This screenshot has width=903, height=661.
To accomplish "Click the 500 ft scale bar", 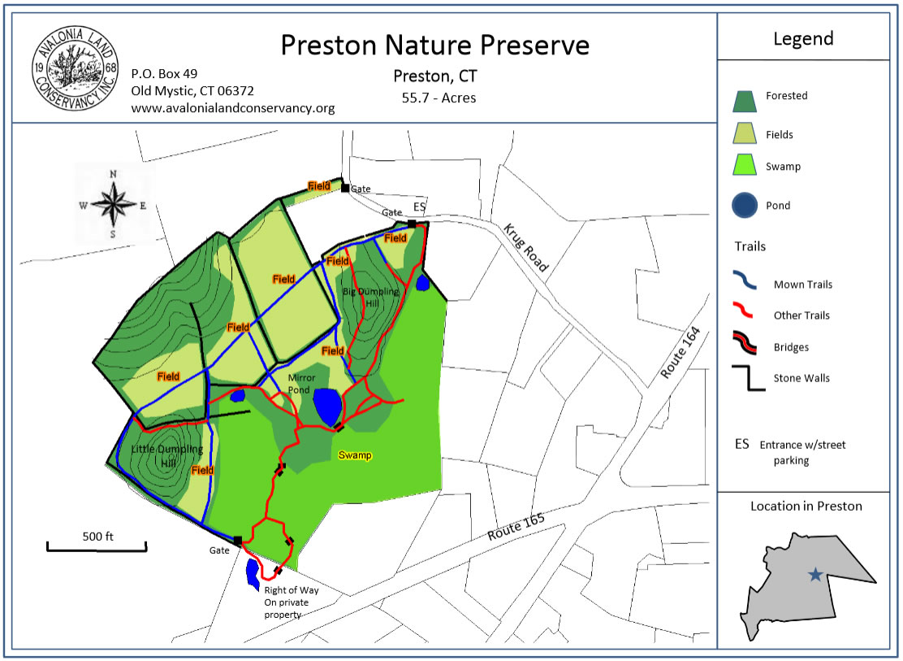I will click(x=97, y=545).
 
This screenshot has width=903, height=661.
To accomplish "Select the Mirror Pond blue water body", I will click(x=327, y=404).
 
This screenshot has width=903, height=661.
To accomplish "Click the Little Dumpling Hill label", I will click(x=167, y=456).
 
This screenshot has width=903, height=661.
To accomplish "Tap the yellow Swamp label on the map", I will click(x=355, y=455).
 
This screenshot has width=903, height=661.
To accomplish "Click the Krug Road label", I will click(x=525, y=246).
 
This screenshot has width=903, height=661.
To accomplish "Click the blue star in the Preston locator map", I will click(x=815, y=575).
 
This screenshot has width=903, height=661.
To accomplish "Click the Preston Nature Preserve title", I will click(x=434, y=45).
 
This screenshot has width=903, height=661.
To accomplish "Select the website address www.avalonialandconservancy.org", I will click(x=233, y=108).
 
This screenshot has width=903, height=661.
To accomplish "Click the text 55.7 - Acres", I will click(x=439, y=98).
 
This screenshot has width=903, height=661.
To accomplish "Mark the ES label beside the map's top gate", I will click(x=419, y=207).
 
